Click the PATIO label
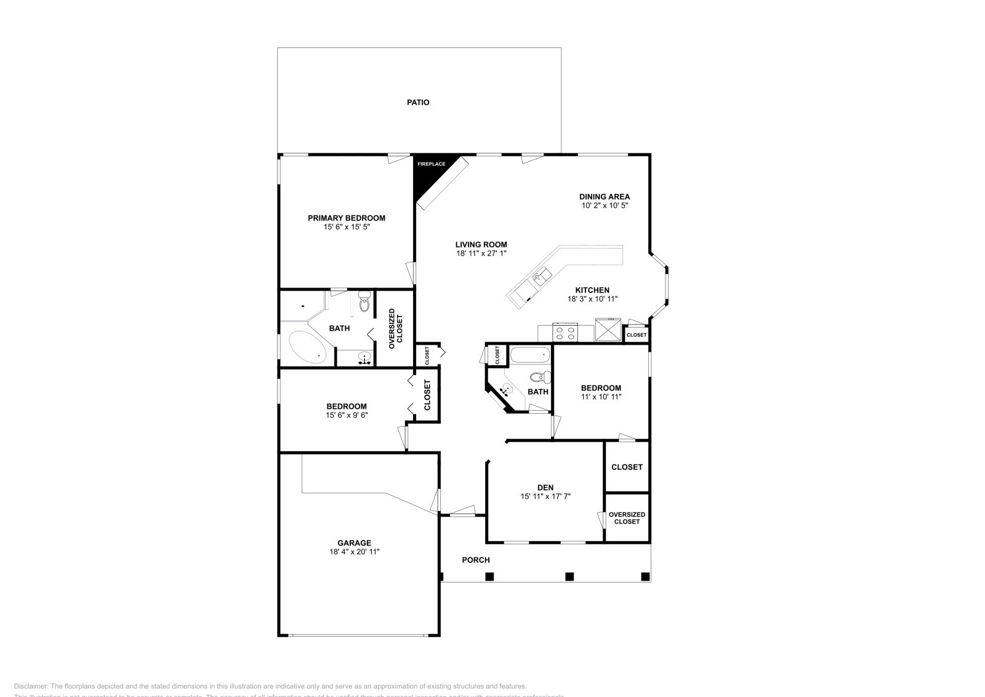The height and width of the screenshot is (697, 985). (x=418, y=102)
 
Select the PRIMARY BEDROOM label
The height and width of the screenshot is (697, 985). (x=347, y=218)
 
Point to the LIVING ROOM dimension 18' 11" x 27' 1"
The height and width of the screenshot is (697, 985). (x=481, y=253)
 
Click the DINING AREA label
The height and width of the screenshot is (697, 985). (x=605, y=197)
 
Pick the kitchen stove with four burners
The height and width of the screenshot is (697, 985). (x=566, y=333)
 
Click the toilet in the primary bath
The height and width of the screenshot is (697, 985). (x=364, y=303)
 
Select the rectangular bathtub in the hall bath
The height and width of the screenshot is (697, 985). (x=529, y=355)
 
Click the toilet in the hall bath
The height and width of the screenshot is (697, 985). (x=539, y=376)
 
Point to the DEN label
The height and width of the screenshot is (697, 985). (x=545, y=488)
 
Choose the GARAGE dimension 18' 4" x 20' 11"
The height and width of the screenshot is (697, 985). (x=354, y=552)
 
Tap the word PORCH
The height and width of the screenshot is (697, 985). (x=476, y=560)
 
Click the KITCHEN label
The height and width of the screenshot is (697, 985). (x=592, y=290)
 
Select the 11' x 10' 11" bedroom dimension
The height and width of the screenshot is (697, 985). (x=601, y=397)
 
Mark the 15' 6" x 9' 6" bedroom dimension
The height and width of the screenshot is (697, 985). (x=347, y=415)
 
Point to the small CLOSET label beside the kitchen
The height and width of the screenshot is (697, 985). (x=637, y=335)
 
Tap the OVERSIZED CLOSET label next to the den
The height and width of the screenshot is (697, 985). (x=627, y=518)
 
